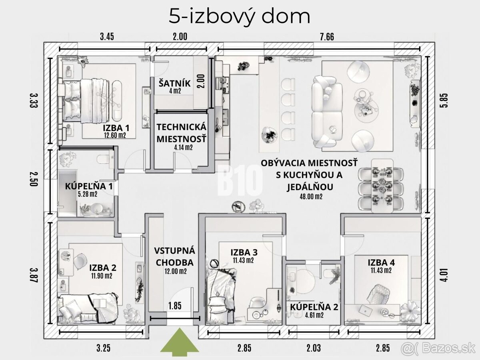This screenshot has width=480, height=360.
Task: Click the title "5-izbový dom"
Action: pyautogui.click(x=240, y=16)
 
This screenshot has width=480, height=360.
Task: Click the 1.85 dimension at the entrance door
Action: pyautogui.click(x=175, y=306)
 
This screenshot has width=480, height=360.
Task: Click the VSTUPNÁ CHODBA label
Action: pyautogui.click(x=174, y=256)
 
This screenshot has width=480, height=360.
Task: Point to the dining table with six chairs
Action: pyautogui.click(x=381, y=186)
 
